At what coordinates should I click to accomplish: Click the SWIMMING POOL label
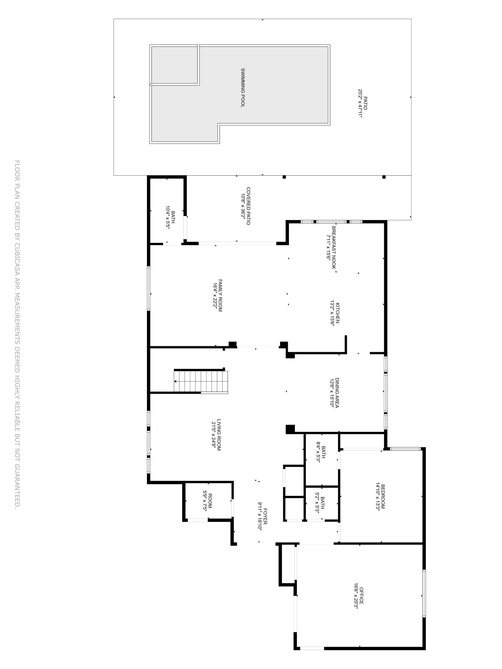243,88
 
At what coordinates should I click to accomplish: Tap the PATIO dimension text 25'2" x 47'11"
360,104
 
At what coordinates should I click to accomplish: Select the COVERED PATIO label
248,206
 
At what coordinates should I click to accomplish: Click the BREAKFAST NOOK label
334,248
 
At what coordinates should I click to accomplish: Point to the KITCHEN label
338,313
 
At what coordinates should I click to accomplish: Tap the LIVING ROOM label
219,435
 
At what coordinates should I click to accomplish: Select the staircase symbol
201,381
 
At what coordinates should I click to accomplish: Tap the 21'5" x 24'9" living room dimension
214,435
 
